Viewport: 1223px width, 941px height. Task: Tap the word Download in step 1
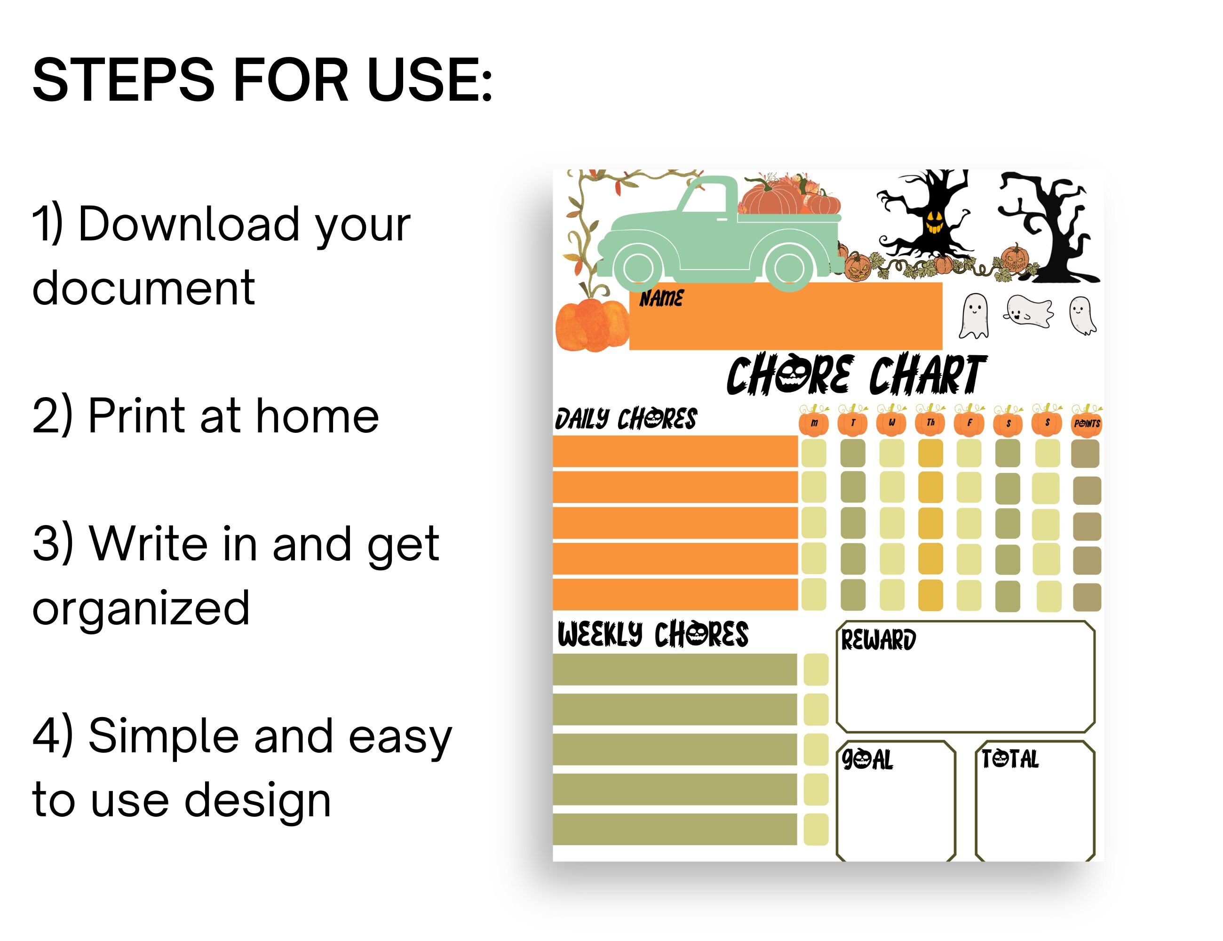point(189,224)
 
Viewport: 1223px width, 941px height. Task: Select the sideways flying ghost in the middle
point(1028,311)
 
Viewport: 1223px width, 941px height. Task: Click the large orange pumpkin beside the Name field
point(591,325)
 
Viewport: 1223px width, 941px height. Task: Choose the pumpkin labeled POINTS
point(1087,423)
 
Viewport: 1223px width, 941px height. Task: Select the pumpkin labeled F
point(969,423)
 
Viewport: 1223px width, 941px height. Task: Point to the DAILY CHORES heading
point(626,419)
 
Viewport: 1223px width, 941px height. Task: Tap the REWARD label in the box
point(878,640)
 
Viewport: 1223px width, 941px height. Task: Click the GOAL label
point(867,760)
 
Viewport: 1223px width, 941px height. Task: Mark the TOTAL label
point(1009,759)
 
